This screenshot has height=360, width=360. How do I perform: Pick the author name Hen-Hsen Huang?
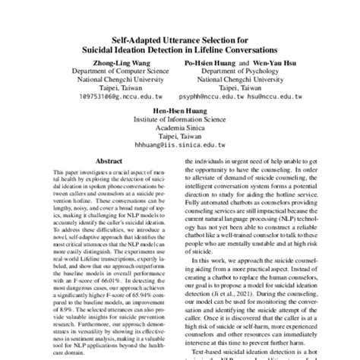point(179,109)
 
